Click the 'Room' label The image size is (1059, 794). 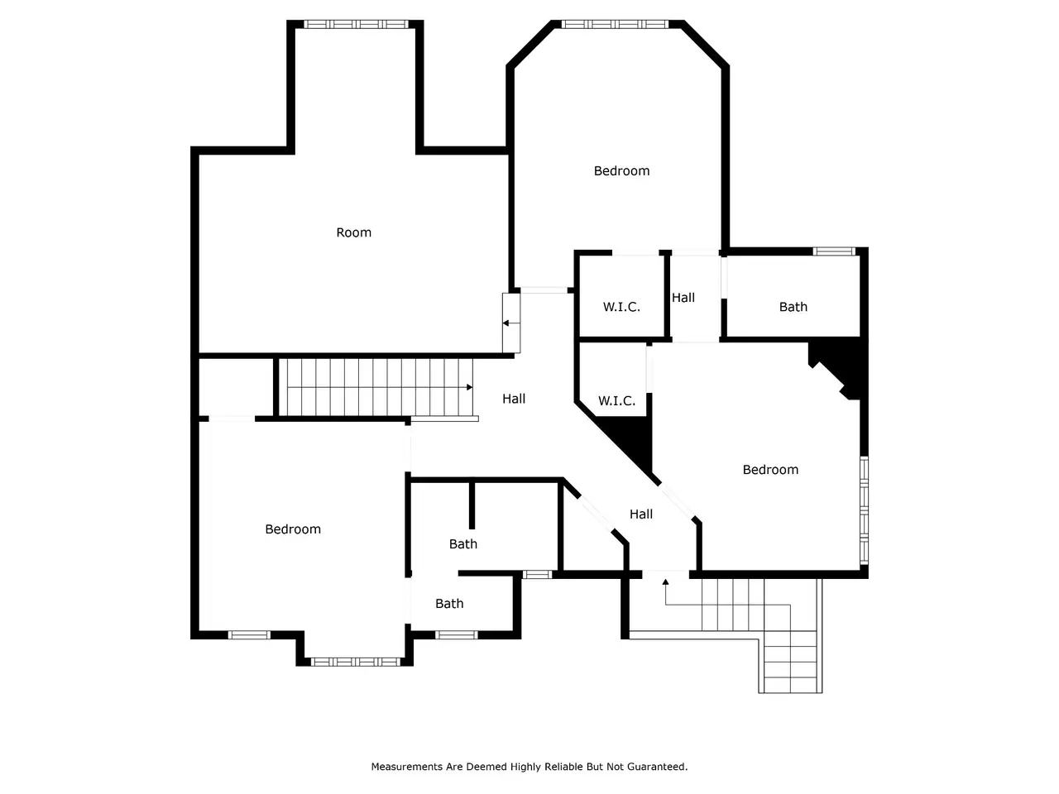pyautogui.click(x=353, y=232)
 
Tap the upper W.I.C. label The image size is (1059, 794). pyautogui.click(x=621, y=307)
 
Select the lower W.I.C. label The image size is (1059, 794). pyautogui.click(x=616, y=400)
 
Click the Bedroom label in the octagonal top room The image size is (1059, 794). pyautogui.click(x=621, y=170)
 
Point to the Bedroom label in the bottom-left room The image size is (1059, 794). pyautogui.click(x=293, y=529)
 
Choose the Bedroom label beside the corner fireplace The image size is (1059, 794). pyautogui.click(x=770, y=470)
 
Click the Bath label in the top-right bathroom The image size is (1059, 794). pyautogui.click(x=793, y=307)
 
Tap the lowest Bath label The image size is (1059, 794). pyautogui.click(x=449, y=603)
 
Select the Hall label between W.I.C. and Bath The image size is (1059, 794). pyautogui.click(x=683, y=298)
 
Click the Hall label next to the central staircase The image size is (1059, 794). pyautogui.click(x=514, y=399)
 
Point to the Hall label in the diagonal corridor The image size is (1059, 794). pyautogui.click(x=641, y=514)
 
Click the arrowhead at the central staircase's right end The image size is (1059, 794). pyautogui.click(x=469, y=387)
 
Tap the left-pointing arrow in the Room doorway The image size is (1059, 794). pyautogui.click(x=511, y=323)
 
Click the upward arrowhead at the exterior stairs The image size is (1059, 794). pyautogui.click(x=665, y=582)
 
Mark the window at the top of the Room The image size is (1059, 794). pyautogui.click(x=356, y=24)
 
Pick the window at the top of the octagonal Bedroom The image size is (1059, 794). pyautogui.click(x=615, y=24)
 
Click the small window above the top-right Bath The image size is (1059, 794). pyautogui.click(x=834, y=251)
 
